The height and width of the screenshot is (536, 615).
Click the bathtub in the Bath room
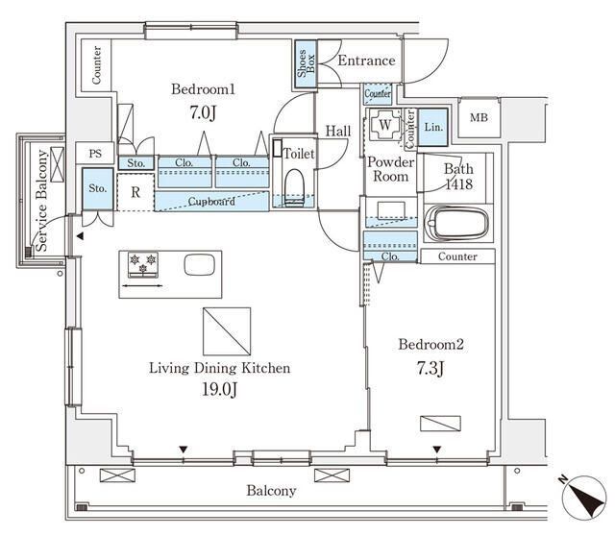pos(456,226)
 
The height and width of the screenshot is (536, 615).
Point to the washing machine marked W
pos(383,125)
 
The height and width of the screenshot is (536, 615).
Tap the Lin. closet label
pos(433,126)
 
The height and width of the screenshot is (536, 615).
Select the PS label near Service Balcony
pos(94,154)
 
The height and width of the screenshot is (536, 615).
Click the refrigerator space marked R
pos(135,191)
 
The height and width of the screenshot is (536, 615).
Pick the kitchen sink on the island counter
pos(198,264)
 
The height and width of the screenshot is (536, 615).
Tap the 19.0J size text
pos(218,389)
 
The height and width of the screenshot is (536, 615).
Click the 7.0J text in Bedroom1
pos(203,112)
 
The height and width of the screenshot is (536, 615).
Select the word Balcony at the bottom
pos(271,490)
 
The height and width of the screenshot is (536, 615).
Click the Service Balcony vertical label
pos(42,203)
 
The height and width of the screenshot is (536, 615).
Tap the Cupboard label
pos(211,202)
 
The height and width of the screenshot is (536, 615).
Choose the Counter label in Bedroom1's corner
pos(96,66)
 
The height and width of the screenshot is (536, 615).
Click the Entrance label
pos(366,61)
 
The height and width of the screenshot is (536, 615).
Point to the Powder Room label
pos(389,169)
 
